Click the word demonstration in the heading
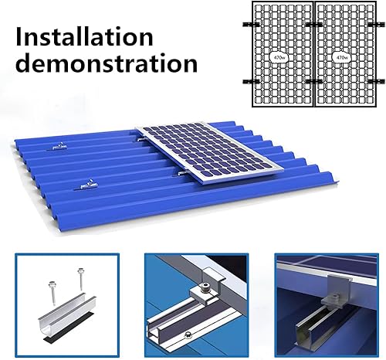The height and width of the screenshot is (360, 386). point(101,63)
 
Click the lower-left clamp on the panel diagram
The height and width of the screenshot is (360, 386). point(246,80)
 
